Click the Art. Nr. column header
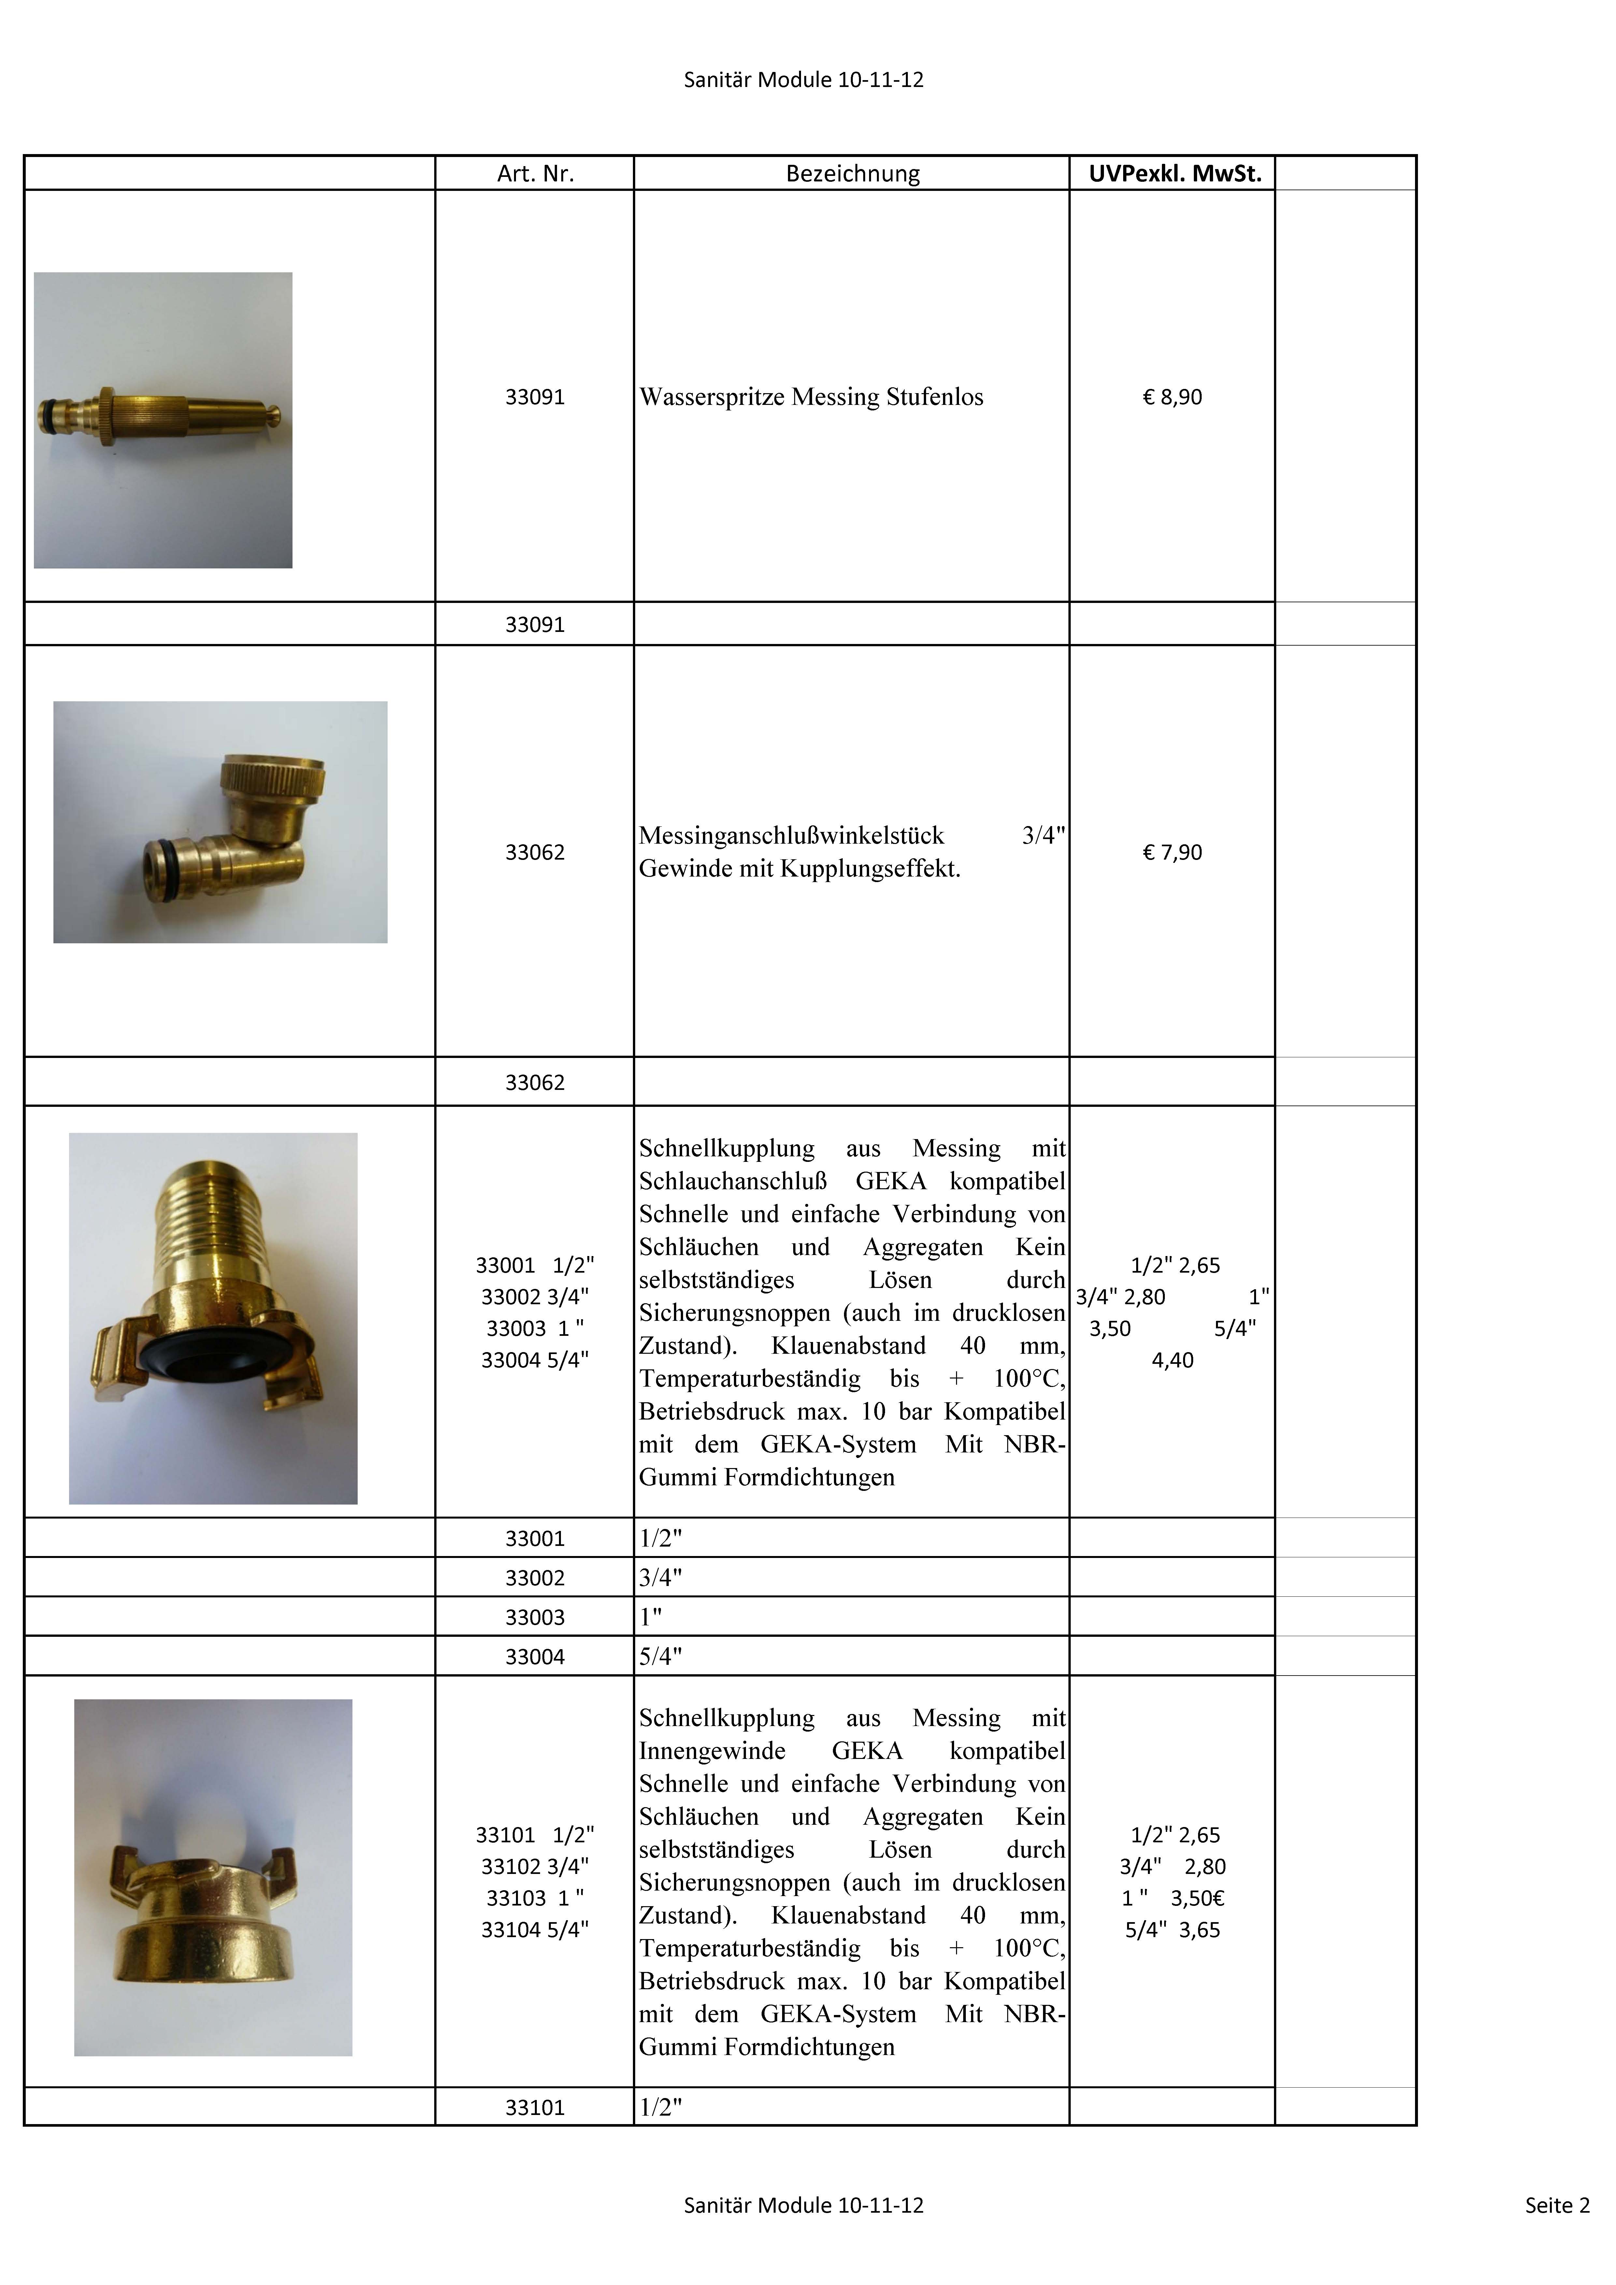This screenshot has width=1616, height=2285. [535, 174]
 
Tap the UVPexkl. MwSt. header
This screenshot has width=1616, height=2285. [1174, 174]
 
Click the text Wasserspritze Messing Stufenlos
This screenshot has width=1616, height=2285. [811, 397]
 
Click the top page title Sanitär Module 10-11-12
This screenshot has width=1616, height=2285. [803, 79]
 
